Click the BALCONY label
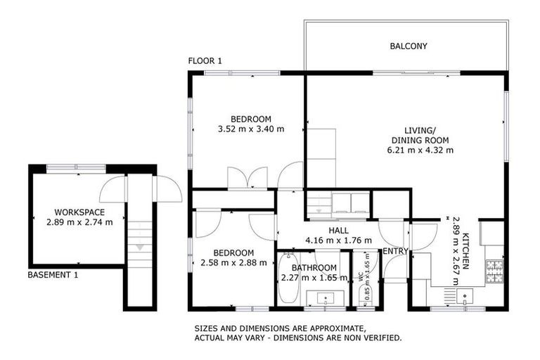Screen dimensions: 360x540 [408, 46]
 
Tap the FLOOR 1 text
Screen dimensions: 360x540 [205, 61]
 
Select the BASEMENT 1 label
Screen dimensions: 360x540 [53, 275]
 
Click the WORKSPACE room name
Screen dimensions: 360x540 [79, 212]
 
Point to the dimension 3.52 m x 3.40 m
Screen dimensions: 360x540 [251, 129]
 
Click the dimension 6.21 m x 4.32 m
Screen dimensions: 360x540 [420, 150]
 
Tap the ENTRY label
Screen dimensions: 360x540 [395, 251]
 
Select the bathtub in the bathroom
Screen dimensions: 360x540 [288, 279]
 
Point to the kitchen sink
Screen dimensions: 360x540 [465, 296]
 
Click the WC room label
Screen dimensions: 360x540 [359, 278]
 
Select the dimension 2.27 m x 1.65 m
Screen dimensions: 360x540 [314, 277]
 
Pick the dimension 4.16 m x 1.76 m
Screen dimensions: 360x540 [338, 240]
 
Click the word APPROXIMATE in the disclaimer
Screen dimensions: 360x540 [331, 328]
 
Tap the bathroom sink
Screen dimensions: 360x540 [325, 298]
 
